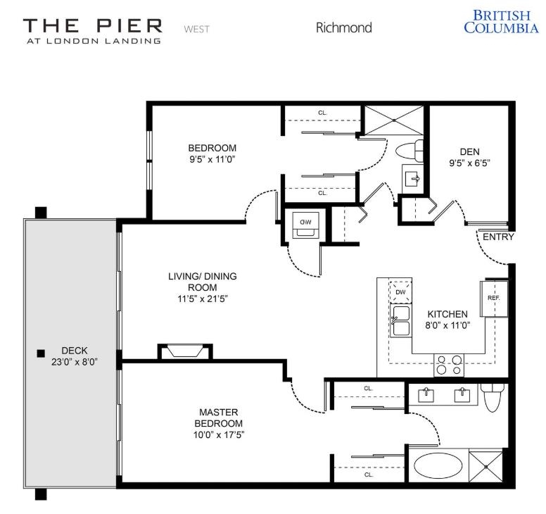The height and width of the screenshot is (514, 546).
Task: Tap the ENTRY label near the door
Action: [497, 237]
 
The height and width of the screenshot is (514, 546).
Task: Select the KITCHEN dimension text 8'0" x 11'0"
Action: [447, 325]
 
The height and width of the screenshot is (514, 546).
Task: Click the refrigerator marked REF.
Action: [493, 297]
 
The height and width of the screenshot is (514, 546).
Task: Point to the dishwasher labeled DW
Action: [400, 292]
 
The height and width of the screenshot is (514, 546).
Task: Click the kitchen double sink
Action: [402, 321]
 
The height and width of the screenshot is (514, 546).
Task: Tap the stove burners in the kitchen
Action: [449, 365]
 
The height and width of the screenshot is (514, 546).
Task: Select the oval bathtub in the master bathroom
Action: [438, 465]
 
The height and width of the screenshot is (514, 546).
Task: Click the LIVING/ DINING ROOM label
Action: [202, 282]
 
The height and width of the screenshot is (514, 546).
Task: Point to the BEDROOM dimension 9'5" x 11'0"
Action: [212, 159]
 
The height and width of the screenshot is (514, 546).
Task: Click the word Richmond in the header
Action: [343, 28]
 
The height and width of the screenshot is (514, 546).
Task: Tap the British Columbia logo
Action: [500, 21]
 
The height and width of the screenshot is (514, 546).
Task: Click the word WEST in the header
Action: [196, 29]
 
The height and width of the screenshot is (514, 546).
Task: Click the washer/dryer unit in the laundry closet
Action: [306, 224]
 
